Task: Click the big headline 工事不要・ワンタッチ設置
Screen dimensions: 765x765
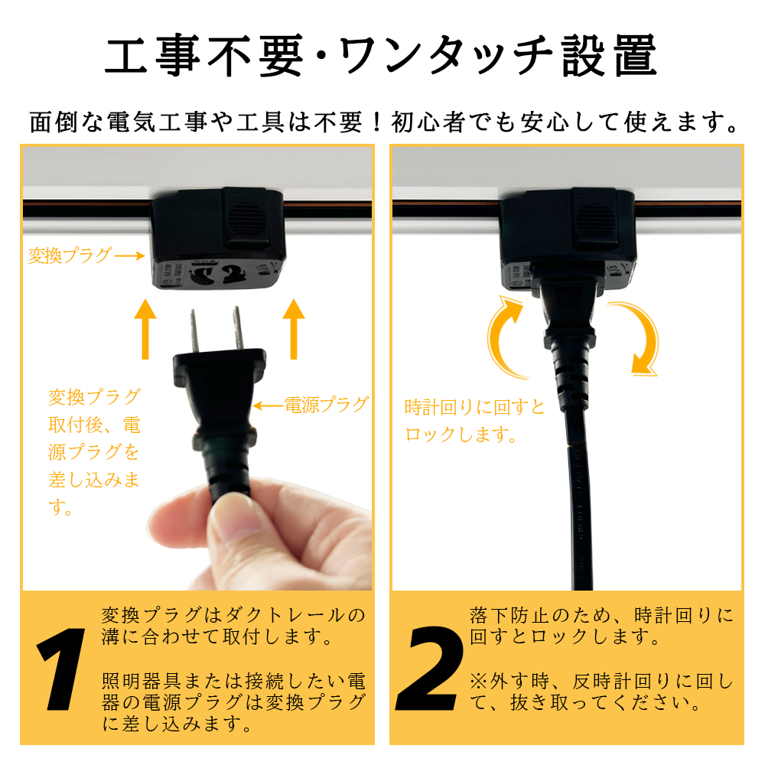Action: click(x=381, y=56)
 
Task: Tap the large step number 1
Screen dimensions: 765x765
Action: click(x=62, y=669)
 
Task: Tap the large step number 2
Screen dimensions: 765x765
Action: click(x=430, y=669)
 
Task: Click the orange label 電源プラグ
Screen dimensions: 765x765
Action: click(x=327, y=405)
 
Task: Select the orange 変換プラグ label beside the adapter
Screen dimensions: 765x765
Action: click(x=70, y=256)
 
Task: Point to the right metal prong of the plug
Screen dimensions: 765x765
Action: click(x=238, y=328)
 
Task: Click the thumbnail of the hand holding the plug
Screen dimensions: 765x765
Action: click(x=259, y=534)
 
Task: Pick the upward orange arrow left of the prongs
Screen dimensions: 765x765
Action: click(x=145, y=329)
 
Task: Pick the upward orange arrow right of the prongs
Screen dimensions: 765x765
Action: click(x=294, y=329)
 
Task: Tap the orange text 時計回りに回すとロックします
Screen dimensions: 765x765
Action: click(x=475, y=420)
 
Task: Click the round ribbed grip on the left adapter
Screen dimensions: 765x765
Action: click(x=247, y=218)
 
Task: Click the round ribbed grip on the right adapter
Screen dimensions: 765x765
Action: click(x=594, y=219)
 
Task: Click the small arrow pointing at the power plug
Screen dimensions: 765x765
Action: click(x=269, y=405)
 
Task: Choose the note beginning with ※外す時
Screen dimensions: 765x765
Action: click(x=601, y=692)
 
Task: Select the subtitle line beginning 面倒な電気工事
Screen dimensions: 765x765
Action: click(x=384, y=122)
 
